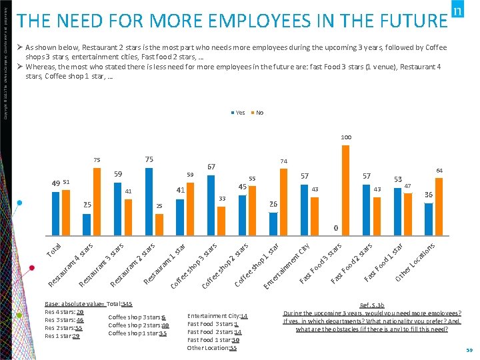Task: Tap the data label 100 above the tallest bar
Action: [x=345, y=137]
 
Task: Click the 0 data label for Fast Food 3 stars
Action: [x=336, y=228]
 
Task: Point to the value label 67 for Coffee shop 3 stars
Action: [x=211, y=167]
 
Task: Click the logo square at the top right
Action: [x=457, y=11]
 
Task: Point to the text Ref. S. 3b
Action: [x=372, y=304]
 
